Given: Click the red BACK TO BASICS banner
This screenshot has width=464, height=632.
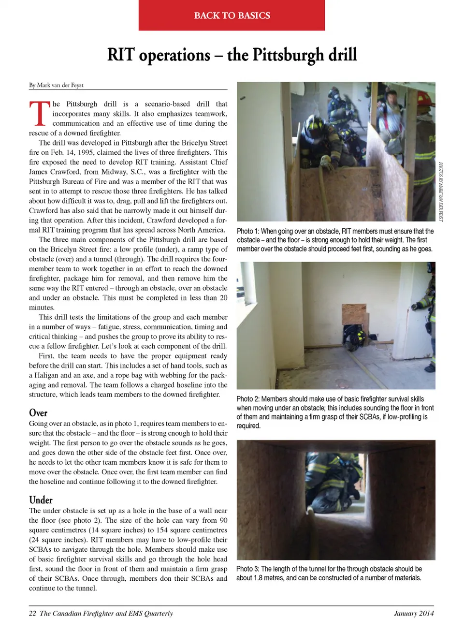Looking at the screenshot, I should pyautogui.click(x=232, y=15).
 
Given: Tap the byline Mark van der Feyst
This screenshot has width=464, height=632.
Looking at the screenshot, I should pyautogui.click(x=60, y=85).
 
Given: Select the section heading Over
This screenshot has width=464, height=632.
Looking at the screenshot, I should pyautogui.click(x=38, y=412).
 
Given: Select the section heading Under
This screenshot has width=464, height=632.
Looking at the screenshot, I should pyautogui.click(x=41, y=500).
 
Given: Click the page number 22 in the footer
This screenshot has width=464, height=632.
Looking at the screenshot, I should pyautogui.click(x=32, y=613).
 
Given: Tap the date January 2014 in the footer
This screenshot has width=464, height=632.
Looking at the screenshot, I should pyautogui.click(x=414, y=613).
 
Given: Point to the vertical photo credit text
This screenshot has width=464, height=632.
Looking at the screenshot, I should pyautogui.click(x=440, y=191).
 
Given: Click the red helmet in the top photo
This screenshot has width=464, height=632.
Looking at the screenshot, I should pyautogui.click(x=423, y=99).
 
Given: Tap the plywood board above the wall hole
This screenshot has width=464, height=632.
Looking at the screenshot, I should pyautogui.click(x=354, y=314).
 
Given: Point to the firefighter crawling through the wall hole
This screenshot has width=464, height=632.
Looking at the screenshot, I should pyautogui.click(x=352, y=334).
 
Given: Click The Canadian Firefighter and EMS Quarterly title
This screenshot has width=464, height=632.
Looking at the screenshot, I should pyautogui.click(x=106, y=613).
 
